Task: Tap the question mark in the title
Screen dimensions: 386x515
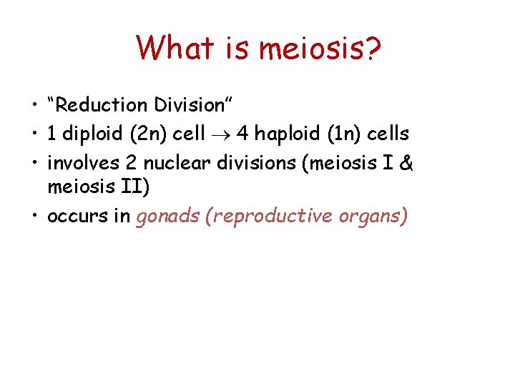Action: (373, 49)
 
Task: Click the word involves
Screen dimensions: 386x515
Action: (78, 162)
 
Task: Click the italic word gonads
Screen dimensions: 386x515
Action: (167, 217)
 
